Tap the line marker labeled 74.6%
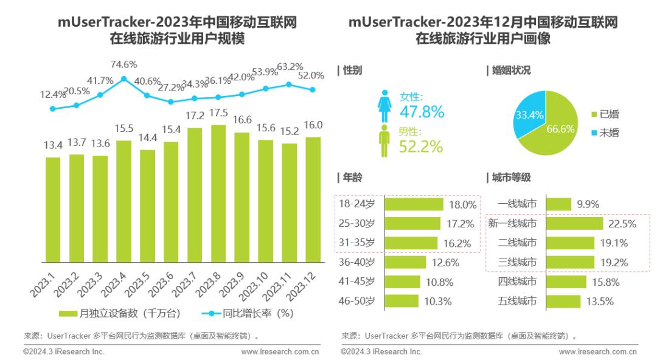(x=123, y=78)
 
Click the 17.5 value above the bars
(x=218, y=114)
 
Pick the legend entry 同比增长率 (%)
(x=246, y=313)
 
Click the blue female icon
(x=384, y=106)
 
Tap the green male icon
(x=384, y=140)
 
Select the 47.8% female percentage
(x=422, y=112)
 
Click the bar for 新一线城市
(x=574, y=224)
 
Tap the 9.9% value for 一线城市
(x=588, y=204)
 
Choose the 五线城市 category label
(x=517, y=300)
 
